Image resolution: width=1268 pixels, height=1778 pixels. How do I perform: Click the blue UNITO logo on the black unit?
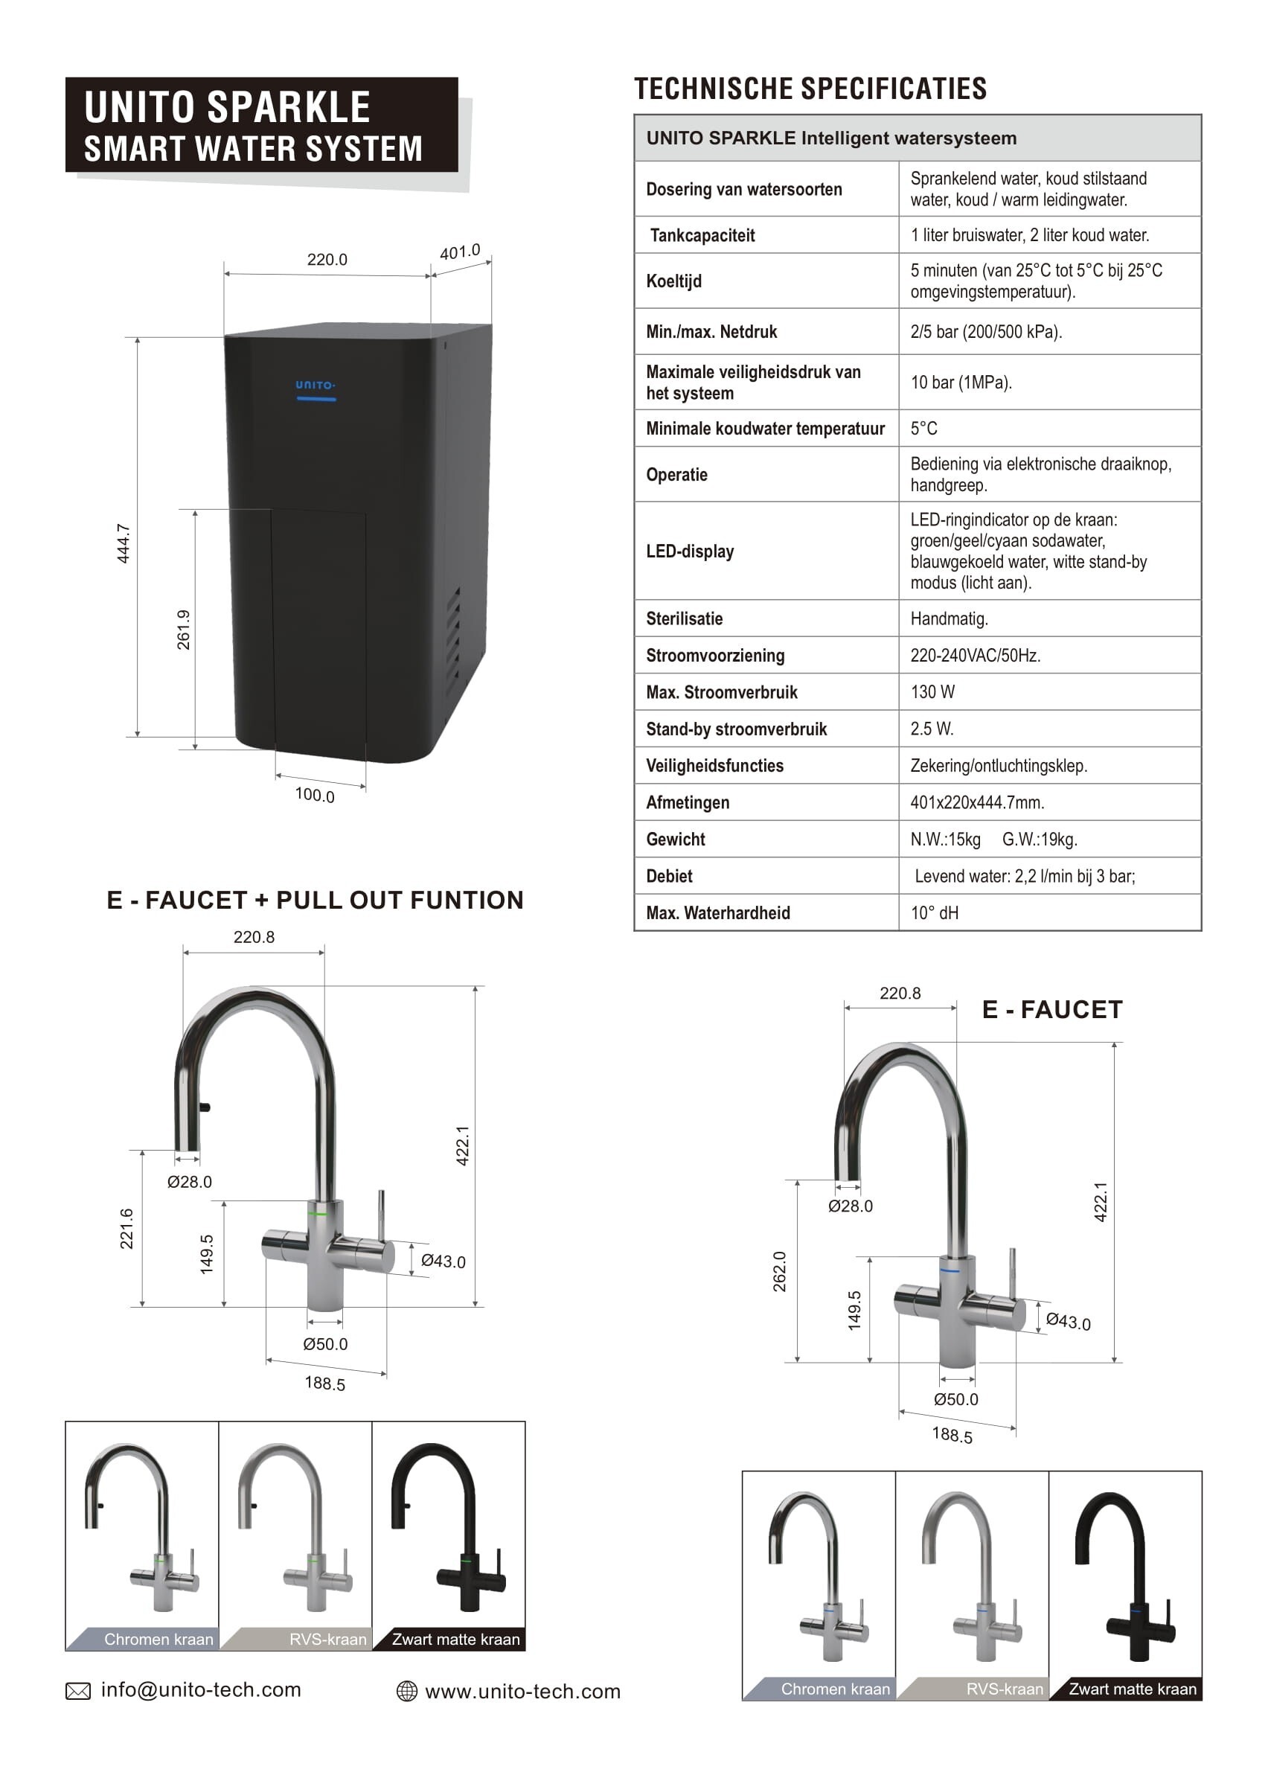point(315,385)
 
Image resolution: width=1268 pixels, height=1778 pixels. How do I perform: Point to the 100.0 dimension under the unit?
point(315,794)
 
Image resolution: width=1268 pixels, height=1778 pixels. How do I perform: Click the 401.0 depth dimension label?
point(460,252)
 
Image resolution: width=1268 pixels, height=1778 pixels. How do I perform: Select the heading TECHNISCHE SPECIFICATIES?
point(810,89)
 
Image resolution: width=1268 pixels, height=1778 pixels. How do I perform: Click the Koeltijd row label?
point(674,281)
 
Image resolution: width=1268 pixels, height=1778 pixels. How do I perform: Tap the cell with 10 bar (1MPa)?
point(961,383)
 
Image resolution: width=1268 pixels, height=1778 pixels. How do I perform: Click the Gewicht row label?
point(676,840)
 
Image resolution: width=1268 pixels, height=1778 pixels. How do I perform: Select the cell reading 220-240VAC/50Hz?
point(976,655)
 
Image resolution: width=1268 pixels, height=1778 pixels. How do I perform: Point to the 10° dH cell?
point(934,913)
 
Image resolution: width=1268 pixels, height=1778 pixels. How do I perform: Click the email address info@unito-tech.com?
point(201,1689)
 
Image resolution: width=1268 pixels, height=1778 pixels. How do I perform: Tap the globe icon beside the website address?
point(407,1692)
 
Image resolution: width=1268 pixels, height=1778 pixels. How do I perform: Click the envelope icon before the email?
point(78,1692)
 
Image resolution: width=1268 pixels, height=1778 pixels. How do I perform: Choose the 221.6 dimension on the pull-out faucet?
point(127,1228)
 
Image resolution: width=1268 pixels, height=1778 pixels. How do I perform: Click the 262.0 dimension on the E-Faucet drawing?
point(779,1270)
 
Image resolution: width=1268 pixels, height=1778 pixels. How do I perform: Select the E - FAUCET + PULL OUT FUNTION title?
point(315,901)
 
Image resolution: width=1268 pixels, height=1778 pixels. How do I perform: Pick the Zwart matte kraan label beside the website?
point(455,1639)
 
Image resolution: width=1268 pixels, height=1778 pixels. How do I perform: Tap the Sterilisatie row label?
point(684,618)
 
